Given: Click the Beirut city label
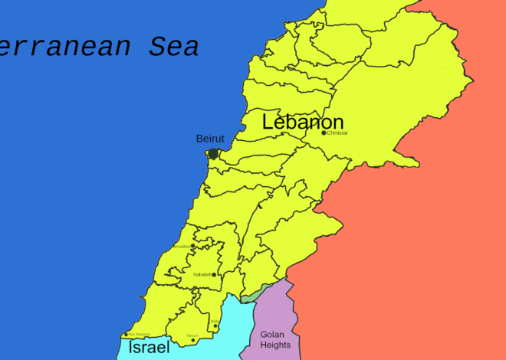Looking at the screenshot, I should point(210,138).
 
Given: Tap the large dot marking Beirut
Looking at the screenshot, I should point(213,153).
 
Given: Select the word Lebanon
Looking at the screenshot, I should point(303,122).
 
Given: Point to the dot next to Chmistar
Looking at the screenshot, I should point(324,133).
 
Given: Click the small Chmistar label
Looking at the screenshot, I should point(337,133).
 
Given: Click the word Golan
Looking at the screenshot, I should point(273,334).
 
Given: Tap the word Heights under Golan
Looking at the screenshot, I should point(275,345).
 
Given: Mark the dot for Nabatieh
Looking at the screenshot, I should point(214,274).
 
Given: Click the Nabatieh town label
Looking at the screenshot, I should point(202,274).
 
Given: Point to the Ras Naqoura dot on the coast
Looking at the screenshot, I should point(126,335).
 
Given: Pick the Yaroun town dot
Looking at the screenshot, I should point(192,340).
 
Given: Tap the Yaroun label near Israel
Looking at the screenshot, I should point(192,335).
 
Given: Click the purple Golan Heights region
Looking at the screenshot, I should point(272,314).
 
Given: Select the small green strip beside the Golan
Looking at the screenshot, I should point(254,295).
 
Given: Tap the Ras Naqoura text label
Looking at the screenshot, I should point(139,335).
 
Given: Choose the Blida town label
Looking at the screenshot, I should point(215,322).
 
